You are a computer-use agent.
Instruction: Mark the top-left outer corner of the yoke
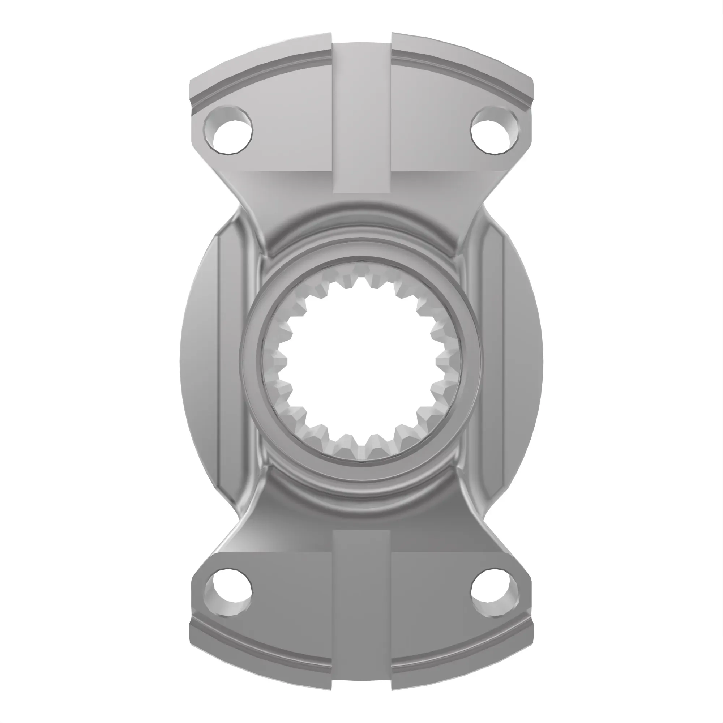(x=192, y=81)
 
